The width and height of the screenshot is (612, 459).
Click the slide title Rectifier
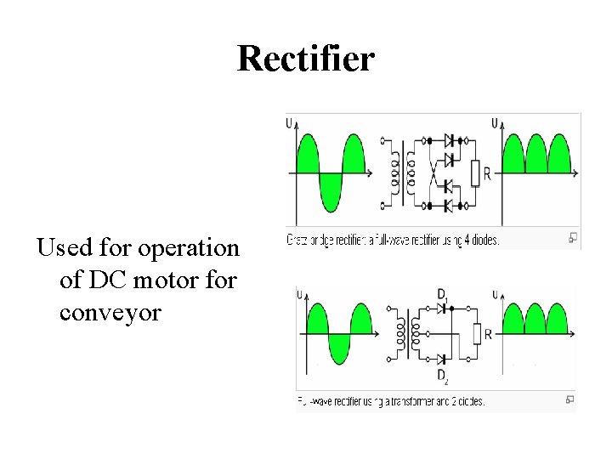(305, 59)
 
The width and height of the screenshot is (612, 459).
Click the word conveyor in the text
(110, 312)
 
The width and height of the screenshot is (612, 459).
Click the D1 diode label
(443, 294)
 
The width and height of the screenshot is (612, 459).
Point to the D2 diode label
(443, 375)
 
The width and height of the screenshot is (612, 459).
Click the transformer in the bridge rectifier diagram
(401, 173)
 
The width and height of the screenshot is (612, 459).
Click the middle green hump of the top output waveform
(535, 156)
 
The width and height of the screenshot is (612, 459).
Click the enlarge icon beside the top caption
(573, 237)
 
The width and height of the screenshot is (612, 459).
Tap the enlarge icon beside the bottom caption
(569, 399)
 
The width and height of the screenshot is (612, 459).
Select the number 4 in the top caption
(465, 241)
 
